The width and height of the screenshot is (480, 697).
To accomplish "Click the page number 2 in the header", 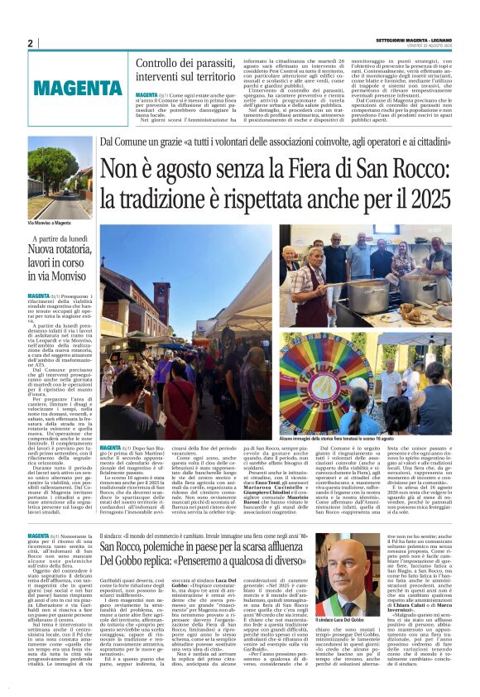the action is pyautogui.click(x=31, y=43).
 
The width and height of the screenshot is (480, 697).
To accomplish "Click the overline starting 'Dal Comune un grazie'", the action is pyautogui.click(x=274, y=143).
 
